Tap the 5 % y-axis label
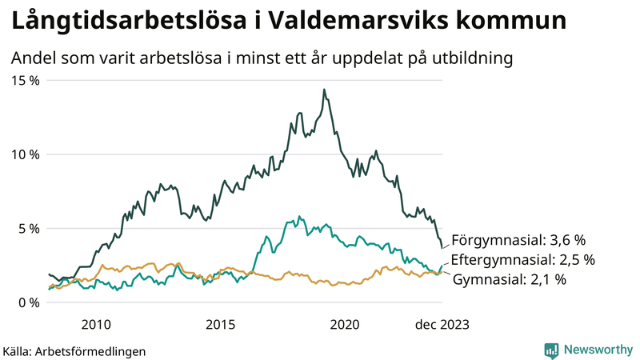[x=28, y=228]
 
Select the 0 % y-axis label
[x=28, y=302]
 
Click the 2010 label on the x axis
[x=95, y=324]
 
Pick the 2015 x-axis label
[x=220, y=324]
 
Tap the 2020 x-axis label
[x=344, y=324]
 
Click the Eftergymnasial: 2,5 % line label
[x=523, y=260]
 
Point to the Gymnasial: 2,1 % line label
[x=510, y=279]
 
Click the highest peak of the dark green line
[x=324, y=90]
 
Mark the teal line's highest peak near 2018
[x=299, y=216]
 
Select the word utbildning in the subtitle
[x=470, y=58]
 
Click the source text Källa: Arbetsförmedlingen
[x=74, y=350]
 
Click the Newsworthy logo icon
[x=551, y=350]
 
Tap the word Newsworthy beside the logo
[x=596, y=350]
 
